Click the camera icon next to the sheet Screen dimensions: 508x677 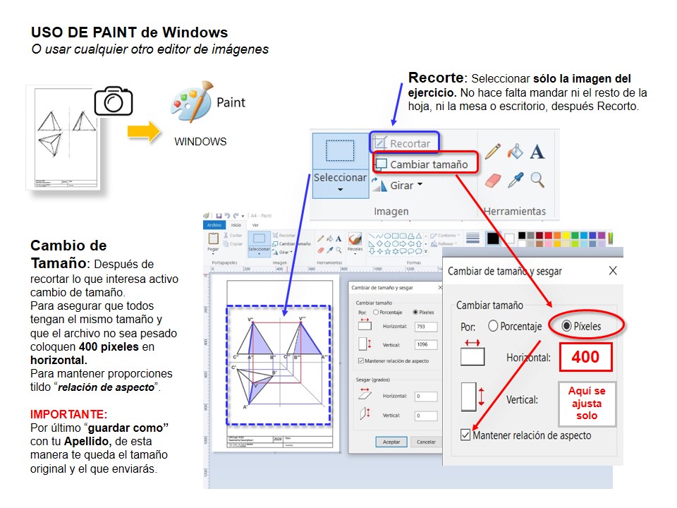click(x=113, y=100)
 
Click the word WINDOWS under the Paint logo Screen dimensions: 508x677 click(x=200, y=142)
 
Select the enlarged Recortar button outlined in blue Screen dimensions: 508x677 click(x=404, y=143)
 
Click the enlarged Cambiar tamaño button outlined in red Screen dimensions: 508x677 click(x=425, y=164)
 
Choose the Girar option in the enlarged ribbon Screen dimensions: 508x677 click(x=399, y=186)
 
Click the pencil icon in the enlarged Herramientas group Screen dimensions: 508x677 click(x=493, y=152)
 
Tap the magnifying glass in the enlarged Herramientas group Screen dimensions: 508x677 click(x=537, y=180)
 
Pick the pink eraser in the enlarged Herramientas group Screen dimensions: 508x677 click(x=493, y=181)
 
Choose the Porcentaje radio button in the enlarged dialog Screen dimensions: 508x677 click(x=493, y=327)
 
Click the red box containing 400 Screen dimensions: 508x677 click(x=585, y=357)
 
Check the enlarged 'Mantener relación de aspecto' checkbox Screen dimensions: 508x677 click(x=465, y=435)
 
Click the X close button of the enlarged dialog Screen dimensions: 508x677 click(x=613, y=270)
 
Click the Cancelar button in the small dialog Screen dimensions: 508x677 click(x=426, y=442)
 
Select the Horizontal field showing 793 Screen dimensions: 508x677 click(x=425, y=327)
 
